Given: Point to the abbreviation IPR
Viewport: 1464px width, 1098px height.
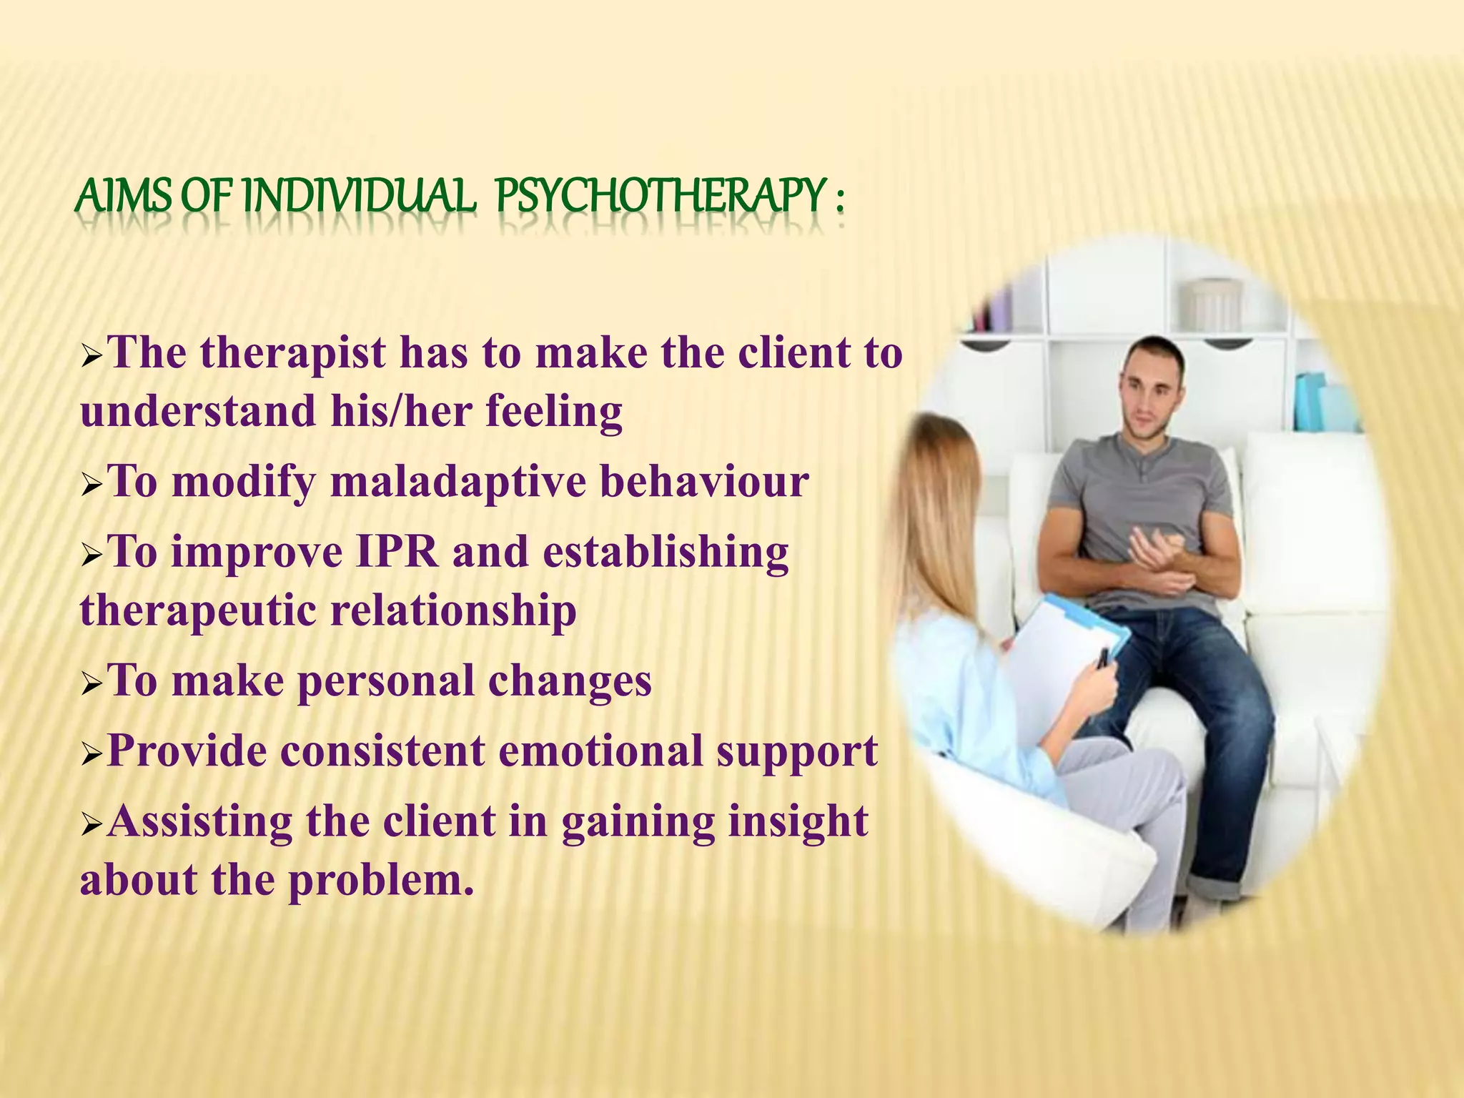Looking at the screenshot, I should click(x=397, y=553).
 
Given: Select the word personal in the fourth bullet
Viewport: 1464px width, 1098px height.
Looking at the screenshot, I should click(x=385, y=681).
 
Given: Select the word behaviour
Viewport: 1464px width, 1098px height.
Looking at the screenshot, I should click(x=704, y=482).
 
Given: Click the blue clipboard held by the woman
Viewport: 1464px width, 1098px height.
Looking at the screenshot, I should click(x=1072, y=629).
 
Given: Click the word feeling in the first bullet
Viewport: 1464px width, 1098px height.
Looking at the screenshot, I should click(x=554, y=412).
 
